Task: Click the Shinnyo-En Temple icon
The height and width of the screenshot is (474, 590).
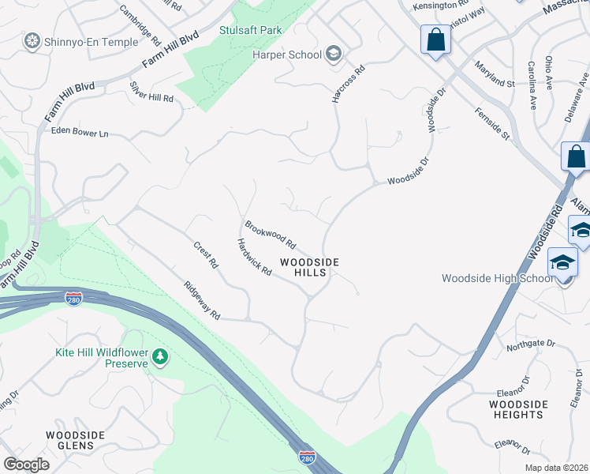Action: pyautogui.click(x=32, y=40)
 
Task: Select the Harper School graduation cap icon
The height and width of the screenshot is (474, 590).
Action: pyautogui.click(x=333, y=54)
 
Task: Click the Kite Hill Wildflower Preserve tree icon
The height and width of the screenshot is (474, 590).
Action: pyautogui.click(x=161, y=357)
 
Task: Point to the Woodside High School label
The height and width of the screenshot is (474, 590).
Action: pyautogui.click(x=497, y=278)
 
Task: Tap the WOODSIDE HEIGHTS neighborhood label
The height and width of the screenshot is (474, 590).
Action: pyautogui.click(x=518, y=410)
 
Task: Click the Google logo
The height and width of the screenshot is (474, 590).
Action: pyautogui.click(x=26, y=465)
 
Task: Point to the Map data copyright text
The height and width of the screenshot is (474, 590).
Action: pyautogui.click(x=556, y=468)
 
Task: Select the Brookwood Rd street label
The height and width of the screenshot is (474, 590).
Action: pyautogui.click(x=270, y=233)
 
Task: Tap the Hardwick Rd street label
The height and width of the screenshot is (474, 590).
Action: pyautogui.click(x=254, y=258)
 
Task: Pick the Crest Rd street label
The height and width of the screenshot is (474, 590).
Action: pyautogui.click(x=206, y=254)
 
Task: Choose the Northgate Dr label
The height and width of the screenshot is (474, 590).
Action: pyautogui.click(x=531, y=344)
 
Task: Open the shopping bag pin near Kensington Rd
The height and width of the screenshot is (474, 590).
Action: pyautogui.click(x=435, y=39)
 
